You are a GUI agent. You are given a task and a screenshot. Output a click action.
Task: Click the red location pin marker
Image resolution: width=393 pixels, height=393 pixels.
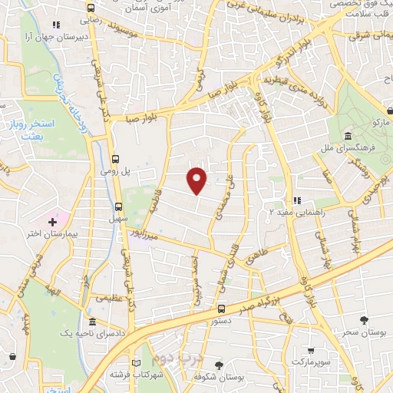click(x=197, y=179)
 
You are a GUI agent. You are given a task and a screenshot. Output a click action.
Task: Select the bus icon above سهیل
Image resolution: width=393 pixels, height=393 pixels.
click(x=117, y=206)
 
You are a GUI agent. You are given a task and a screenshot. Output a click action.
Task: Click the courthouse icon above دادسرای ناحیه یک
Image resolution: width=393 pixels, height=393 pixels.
click(x=92, y=321)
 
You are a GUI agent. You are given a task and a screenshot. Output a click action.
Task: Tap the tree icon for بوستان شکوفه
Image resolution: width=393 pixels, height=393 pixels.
click(x=219, y=364)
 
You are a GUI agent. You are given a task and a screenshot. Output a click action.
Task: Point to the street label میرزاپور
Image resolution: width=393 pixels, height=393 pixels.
click(x=143, y=236)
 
